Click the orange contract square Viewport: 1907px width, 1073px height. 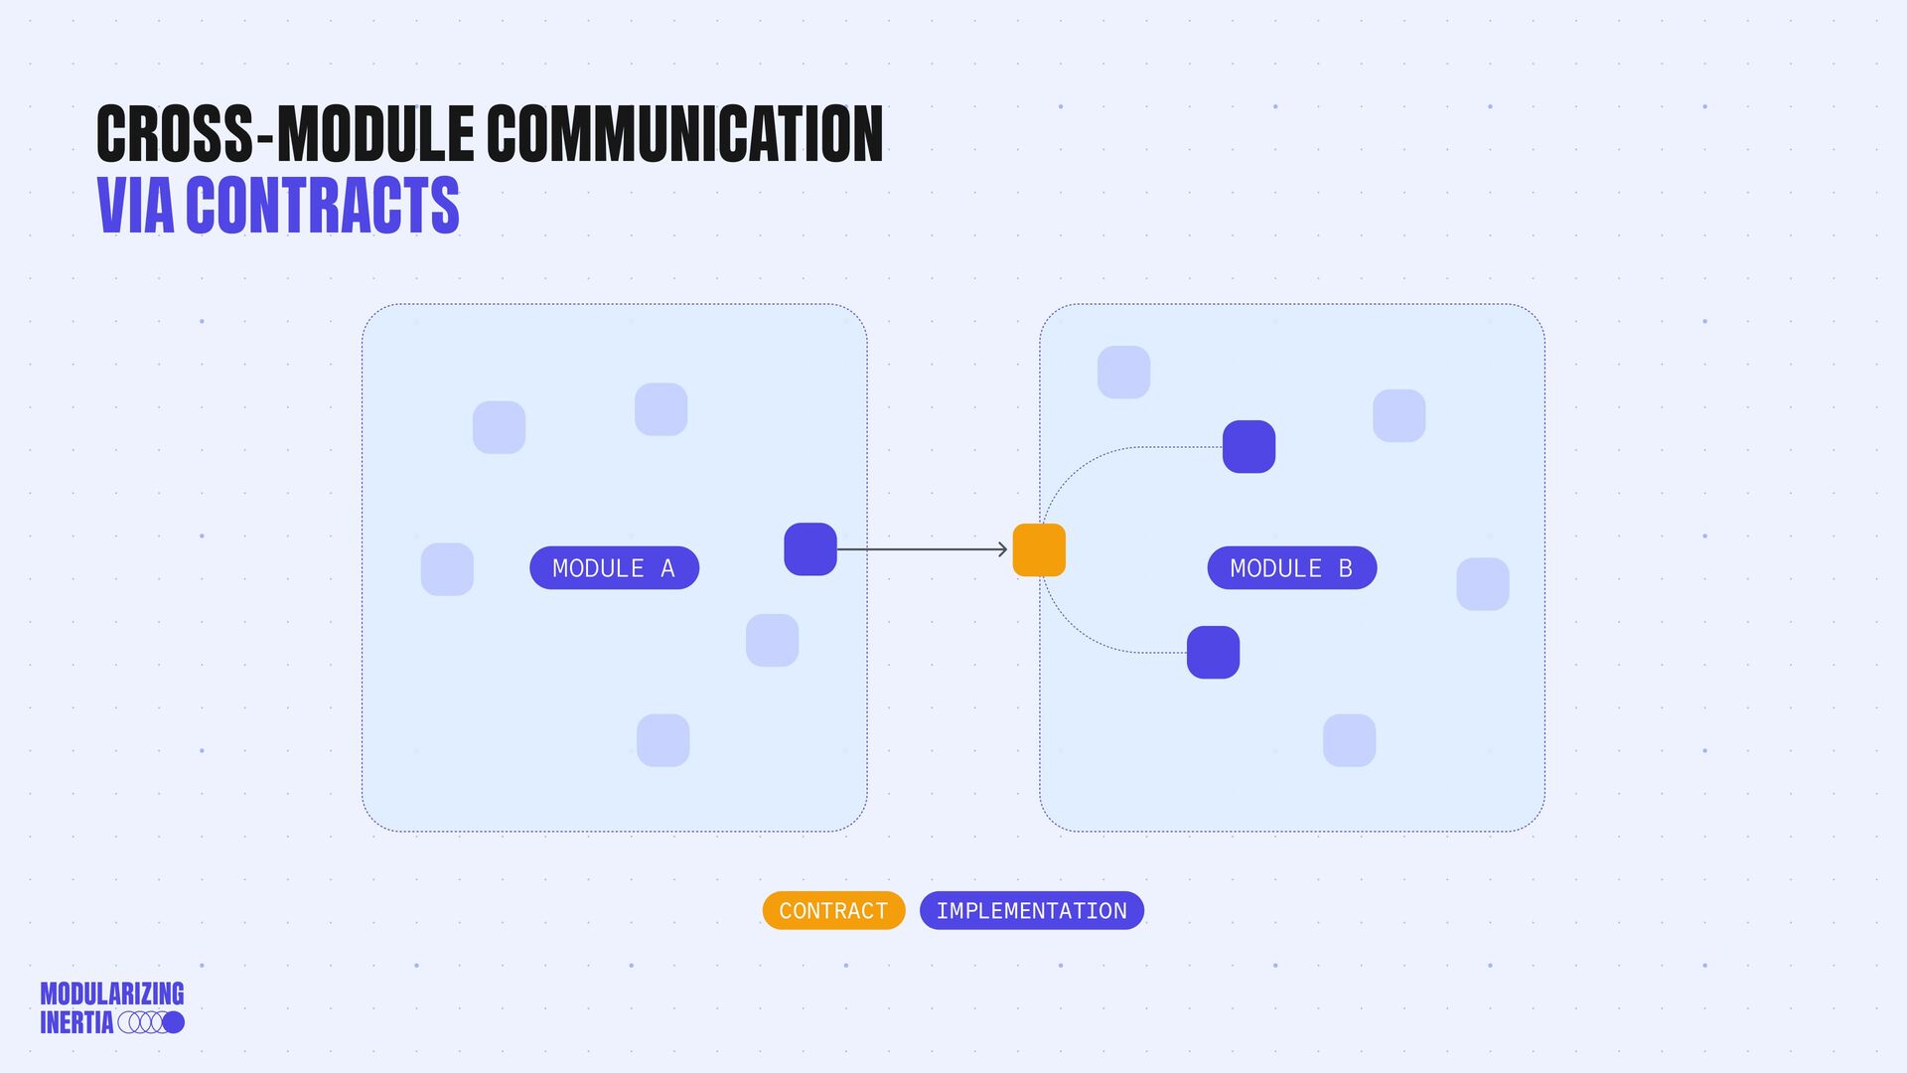tap(1039, 550)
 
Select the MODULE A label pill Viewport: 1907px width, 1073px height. tap(614, 568)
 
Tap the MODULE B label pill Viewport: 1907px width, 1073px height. tap(1291, 568)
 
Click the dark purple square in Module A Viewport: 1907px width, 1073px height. tap(810, 549)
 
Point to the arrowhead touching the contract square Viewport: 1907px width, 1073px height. tap(1003, 549)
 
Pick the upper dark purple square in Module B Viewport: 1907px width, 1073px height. tap(1248, 447)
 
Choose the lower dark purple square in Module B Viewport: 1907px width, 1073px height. tap(1213, 653)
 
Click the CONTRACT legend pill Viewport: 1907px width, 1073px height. tap(833, 911)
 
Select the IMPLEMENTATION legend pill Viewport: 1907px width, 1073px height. tap(1031, 911)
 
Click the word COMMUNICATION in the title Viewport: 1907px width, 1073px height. tap(684, 134)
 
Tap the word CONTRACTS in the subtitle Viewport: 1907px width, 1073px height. tap(322, 206)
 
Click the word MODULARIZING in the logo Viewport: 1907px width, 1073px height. tap(112, 994)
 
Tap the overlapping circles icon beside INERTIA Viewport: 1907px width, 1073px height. tap(151, 1022)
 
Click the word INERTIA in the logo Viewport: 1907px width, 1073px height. tap(76, 1022)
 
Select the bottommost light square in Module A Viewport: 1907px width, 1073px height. tap(662, 740)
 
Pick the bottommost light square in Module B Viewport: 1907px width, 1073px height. tap(1349, 740)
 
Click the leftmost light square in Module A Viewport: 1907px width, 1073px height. tap(447, 569)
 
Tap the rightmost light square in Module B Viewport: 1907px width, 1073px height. tap(1482, 584)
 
